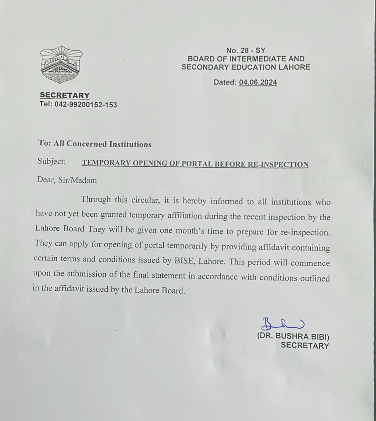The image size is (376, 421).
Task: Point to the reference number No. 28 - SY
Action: pos(246,50)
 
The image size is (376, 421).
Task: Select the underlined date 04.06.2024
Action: pos(258,82)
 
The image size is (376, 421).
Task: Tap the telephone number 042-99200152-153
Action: pos(85,105)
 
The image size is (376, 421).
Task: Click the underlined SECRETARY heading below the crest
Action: pos(65,95)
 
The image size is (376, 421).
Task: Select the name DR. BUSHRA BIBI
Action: pos(293,336)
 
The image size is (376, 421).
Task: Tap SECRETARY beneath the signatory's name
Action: pos(305,346)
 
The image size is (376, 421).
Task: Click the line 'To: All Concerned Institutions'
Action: pos(95,144)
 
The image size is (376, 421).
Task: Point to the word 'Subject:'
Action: pos(52,161)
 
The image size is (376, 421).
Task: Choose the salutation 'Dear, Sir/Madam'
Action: pos(67,180)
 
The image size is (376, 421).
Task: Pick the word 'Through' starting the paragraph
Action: pos(96,199)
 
